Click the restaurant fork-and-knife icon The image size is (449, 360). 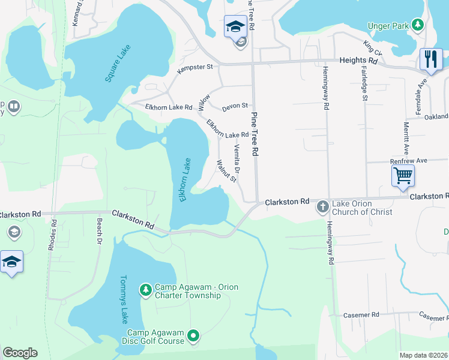click(x=431, y=59)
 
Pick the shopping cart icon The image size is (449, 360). click(x=403, y=175)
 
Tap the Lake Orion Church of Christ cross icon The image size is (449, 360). click(x=322, y=206)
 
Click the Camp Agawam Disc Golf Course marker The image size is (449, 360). click(x=193, y=337)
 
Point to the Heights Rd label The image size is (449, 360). click(x=358, y=61)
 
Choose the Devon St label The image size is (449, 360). click(x=235, y=106)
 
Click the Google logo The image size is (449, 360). click(x=20, y=353)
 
